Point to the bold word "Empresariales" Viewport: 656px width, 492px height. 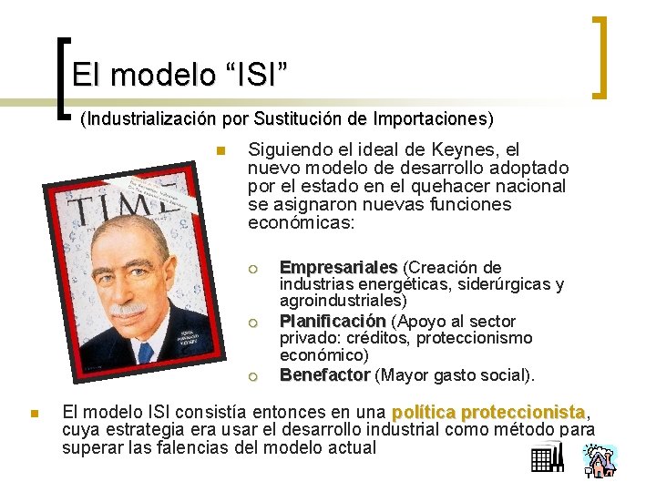[x=338, y=267]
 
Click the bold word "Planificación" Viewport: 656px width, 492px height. [x=333, y=321]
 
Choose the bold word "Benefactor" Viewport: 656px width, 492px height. [x=324, y=374]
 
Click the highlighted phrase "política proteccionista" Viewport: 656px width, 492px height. [x=488, y=412]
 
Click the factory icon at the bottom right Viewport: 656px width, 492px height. [x=547, y=460]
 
